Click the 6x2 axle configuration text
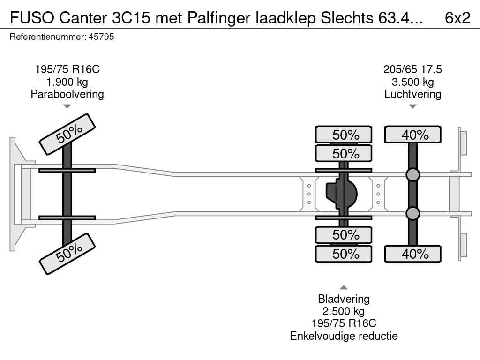(x=457, y=17)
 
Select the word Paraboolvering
(x=67, y=94)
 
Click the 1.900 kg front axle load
(x=67, y=82)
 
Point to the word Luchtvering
(x=412, y=94)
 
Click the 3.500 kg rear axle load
(x=412, y=82)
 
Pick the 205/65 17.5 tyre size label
(x=412, y=69)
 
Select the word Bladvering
(x=344, y=299)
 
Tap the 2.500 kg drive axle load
(x=344, y=311)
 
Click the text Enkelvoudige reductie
(x=344, y=336)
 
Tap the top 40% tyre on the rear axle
(x=412, y=135)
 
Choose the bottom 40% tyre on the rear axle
(x=412, y=254)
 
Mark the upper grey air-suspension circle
(x=412, y=175)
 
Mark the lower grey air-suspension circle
(x=412, y=214)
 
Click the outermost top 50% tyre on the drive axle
(x=344, y=135)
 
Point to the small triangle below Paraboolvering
(x=67, y=106)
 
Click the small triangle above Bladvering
(x=344, y=287)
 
